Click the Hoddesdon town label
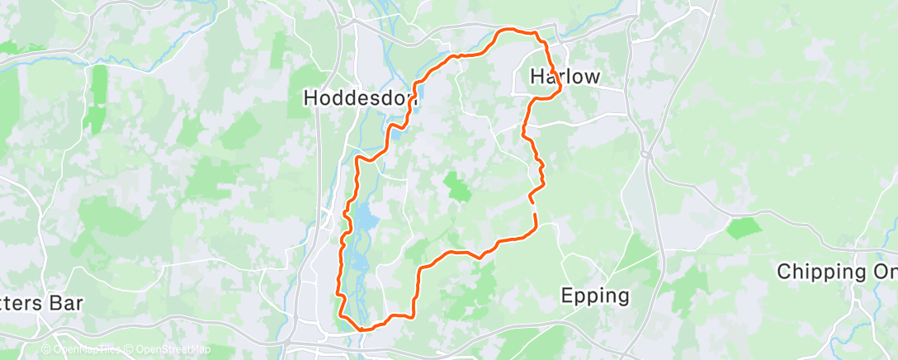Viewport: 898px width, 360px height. [361, 97]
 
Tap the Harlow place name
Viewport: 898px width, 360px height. [565, 77]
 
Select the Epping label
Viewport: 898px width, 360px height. [594, 295]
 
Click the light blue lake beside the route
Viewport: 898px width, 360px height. [364, 219]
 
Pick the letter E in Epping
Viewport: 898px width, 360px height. [567, 295]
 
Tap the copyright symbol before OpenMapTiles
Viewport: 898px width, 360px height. [45, 349]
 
